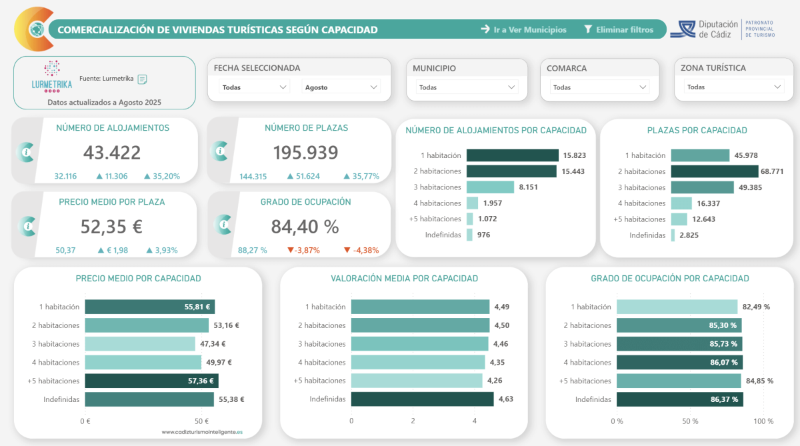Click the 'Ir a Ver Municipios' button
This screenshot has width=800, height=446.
click(524, 29)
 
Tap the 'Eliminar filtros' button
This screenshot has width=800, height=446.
click(618, 29)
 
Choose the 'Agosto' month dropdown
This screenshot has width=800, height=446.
click(341, 87)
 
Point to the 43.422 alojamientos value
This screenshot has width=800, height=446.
click(112, 153)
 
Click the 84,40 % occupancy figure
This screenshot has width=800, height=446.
click(305, 227)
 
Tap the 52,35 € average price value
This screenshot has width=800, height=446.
click(111, 227)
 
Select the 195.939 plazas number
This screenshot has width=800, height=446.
click(305, 153)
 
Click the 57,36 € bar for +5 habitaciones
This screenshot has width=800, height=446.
click(151, 381)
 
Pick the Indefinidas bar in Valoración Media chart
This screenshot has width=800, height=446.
click(422, 399)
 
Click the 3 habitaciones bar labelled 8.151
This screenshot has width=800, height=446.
click(490, 187)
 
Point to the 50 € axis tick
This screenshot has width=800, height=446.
click(201, 421)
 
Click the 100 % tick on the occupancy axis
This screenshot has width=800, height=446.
click(763, 421)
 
